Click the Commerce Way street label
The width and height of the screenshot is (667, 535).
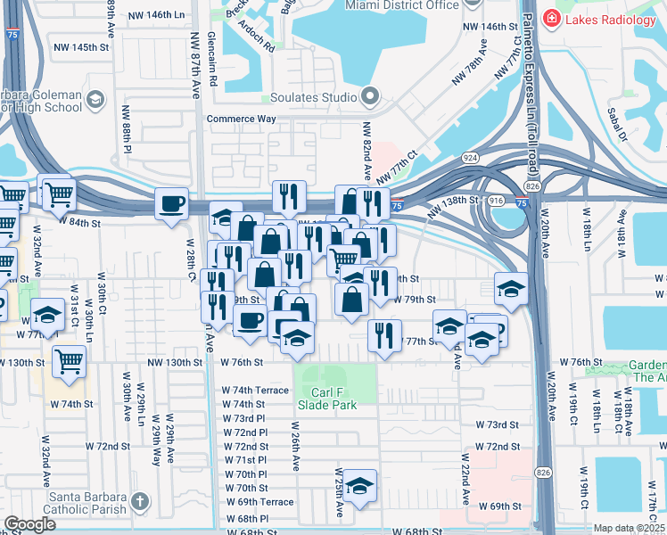[x=242, y=119]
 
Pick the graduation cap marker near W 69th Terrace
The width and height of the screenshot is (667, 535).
[x=359, y=485]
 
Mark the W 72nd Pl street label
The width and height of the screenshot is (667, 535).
[x=246, y=432]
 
